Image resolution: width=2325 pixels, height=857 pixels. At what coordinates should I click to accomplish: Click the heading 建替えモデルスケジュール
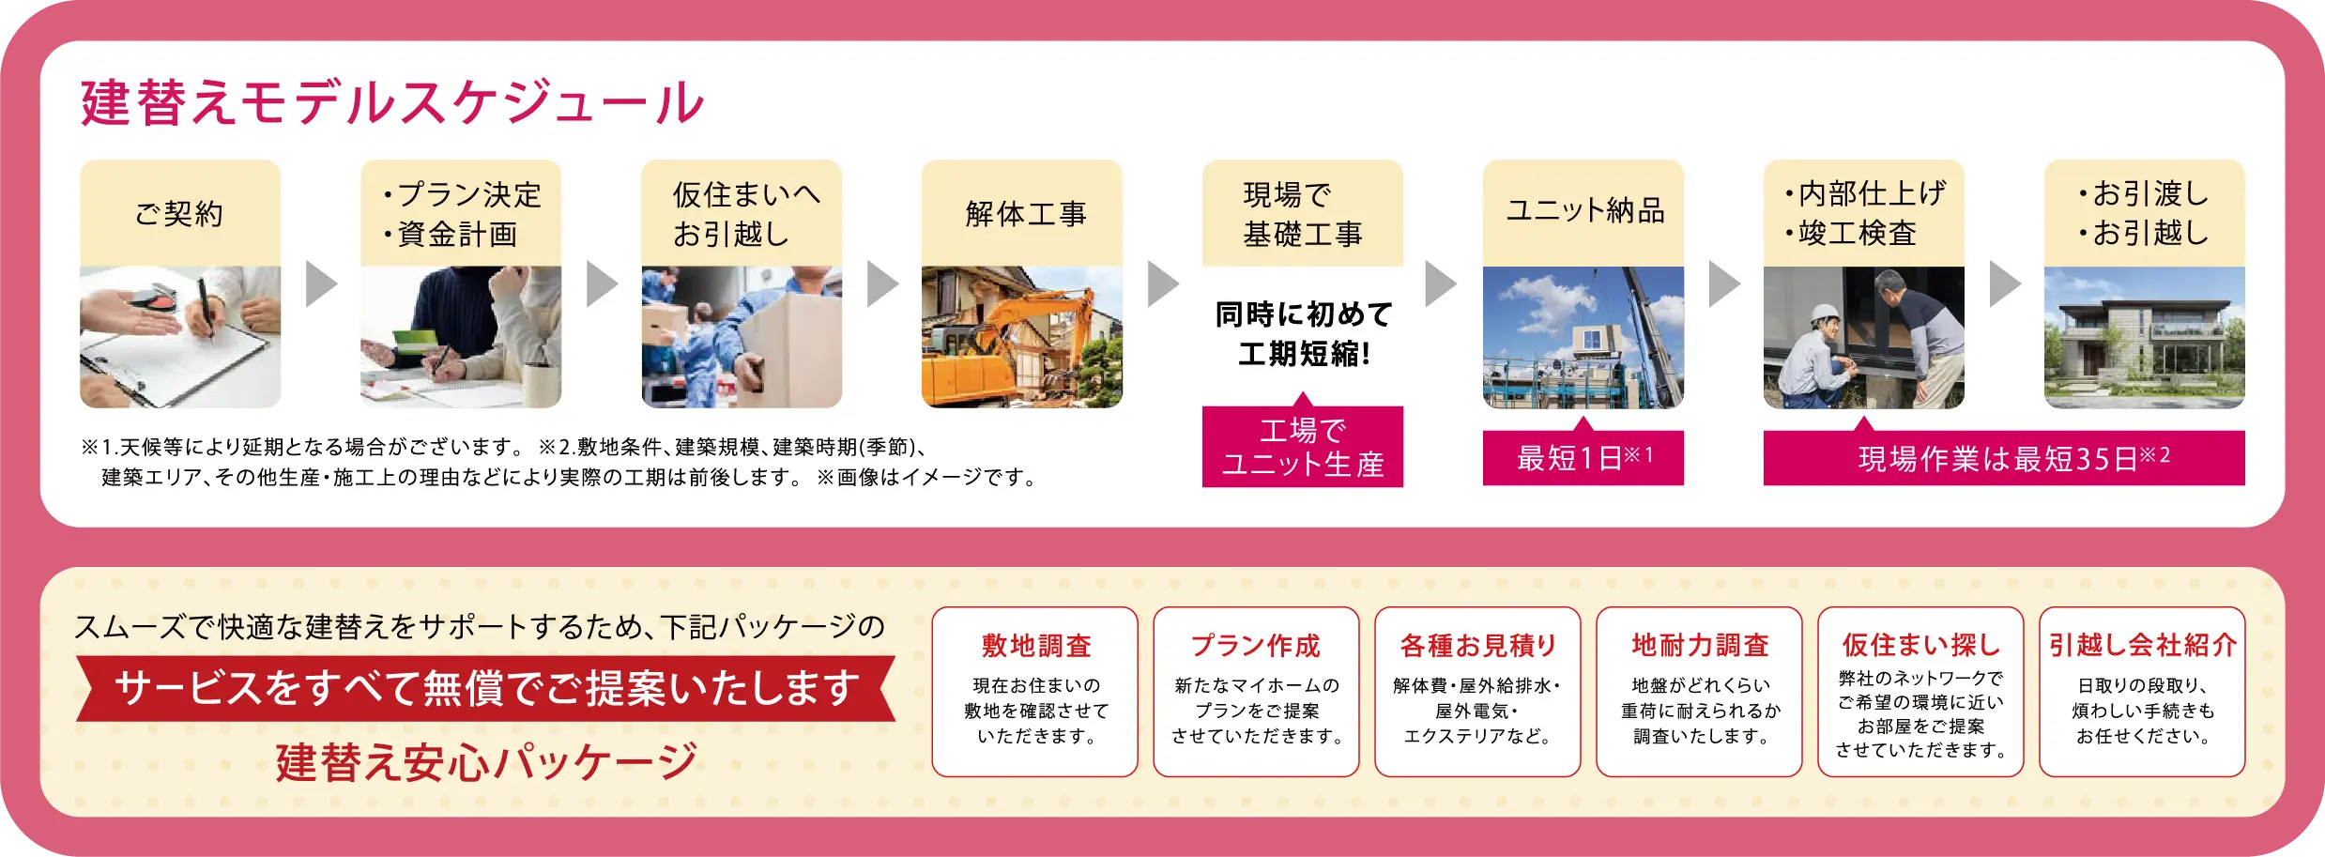coord(392,102)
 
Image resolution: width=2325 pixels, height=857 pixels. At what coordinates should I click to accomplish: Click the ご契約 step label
coord(179,213)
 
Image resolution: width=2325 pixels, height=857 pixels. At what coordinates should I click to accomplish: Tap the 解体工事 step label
coord(1025,213)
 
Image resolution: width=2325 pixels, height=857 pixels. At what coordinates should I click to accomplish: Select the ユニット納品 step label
coord(1584,210)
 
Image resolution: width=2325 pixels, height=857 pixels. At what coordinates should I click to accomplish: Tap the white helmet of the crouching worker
coord(1824,314)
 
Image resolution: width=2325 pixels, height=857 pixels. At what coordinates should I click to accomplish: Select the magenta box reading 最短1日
coord(1583,458)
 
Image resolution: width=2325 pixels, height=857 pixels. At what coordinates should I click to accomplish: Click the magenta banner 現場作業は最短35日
coord(2004,458)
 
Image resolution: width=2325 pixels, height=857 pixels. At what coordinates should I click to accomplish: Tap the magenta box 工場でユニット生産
coord(1303,447)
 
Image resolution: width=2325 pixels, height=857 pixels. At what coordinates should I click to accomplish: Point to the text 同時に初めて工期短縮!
coord(1303,334)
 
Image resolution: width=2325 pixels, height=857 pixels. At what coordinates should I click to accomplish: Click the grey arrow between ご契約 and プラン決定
coord(321,283)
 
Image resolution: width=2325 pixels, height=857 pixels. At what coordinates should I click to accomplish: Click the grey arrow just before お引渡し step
coord(2005,283)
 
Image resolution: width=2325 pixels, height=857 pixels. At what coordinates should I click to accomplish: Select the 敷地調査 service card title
coord(1036,646)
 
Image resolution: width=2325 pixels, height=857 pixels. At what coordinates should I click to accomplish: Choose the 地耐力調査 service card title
coord(1700,646)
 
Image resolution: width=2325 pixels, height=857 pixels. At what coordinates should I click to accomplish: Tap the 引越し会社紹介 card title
coord(2143,646)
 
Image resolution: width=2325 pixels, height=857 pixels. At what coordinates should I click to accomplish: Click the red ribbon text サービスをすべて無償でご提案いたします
coord(486,688)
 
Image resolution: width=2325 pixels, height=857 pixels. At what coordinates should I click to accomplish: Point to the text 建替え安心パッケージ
coord(486,761)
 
